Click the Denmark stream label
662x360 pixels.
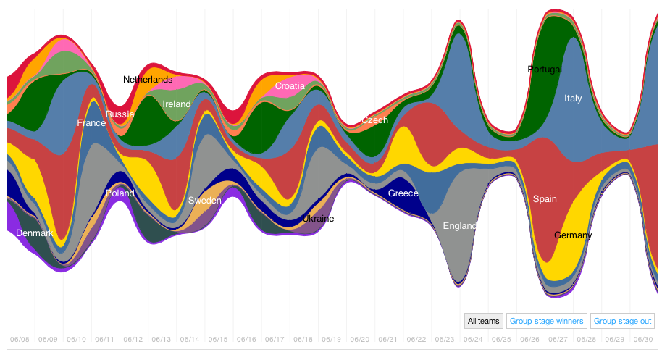(x=34, y=233)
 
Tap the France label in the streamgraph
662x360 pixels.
(x=91, y=123)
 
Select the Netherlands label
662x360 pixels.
(x=148, y=80)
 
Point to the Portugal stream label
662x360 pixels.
(x=545, y=70)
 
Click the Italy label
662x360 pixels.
(x=573, y=99)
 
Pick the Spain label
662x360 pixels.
(x=545, y=198)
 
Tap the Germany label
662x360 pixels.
(x=573, y=235)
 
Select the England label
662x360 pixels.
(x=460, y=226)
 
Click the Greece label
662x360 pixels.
(x=403, y=193)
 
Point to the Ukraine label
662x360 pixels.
(x=318, y=219)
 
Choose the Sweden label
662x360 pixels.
(x=204, y=201)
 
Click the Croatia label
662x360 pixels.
(x=290, y=86)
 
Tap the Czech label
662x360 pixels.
(x=375, y=120)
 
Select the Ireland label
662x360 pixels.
(x=177, y=104)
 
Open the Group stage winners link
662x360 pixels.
(x=547, y=321)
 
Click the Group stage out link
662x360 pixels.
(x=623, y=321)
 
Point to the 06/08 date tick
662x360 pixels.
(x=20, y=339)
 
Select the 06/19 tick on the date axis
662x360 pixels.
(x=332, y=339)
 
